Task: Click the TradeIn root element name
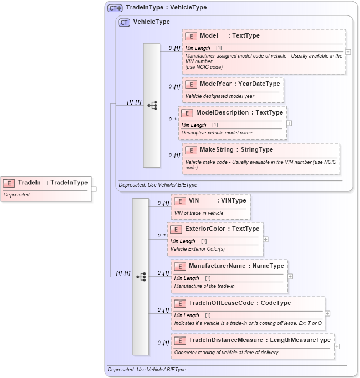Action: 53,183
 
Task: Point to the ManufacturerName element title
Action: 228,266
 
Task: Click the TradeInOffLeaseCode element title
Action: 239,303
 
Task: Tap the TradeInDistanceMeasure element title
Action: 259,340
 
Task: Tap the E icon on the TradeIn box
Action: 10,183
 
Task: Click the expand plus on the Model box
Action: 348,51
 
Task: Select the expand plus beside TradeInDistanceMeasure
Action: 337,346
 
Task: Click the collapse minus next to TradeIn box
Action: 94,189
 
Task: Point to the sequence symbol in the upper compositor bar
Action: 152,105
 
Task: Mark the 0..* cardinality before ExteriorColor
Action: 161,236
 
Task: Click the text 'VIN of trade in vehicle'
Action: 198,213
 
